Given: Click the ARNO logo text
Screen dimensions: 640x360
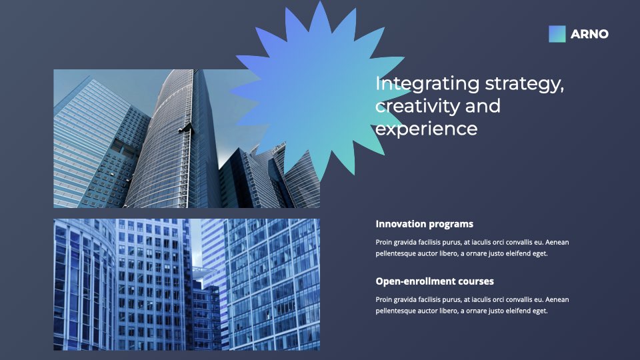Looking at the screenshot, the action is (589, 34).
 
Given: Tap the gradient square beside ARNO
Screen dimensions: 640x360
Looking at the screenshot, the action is (557, 34).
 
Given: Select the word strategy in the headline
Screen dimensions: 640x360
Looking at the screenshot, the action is (525, 85).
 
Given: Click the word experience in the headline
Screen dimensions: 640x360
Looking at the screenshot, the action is (426, 129).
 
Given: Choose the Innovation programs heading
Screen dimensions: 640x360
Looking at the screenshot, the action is (425, 224).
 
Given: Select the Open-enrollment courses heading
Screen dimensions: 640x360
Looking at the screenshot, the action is (435, 281).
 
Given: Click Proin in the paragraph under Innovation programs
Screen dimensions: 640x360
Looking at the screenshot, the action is (383, 243).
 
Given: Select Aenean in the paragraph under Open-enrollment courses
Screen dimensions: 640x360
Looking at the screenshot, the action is (557, 299).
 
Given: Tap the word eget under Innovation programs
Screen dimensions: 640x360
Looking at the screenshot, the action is (540, 254).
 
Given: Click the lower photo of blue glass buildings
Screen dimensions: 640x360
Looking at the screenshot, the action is (187, 285).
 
